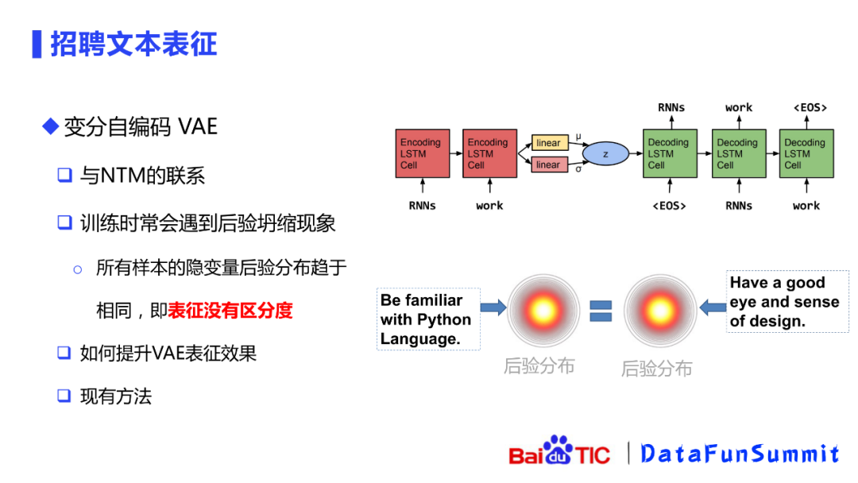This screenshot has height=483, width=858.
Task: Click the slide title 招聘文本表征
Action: pos(133,44)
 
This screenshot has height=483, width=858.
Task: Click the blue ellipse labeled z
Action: pos(605,154)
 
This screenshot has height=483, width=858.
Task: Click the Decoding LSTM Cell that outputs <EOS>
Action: pos(806,153)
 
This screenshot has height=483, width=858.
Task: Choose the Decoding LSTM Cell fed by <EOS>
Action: pos(671,153)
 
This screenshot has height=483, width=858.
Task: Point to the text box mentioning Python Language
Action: pos(427,319)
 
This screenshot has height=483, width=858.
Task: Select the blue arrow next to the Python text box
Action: pos(493,307)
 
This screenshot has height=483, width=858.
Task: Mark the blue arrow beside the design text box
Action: pos(711,307)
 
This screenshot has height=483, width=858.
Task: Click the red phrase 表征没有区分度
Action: pos(230,311)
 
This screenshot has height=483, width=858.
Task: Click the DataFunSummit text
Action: pos(740,454)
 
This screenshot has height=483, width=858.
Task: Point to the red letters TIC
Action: pos(593,455)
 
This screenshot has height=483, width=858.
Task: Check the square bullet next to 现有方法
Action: pos(64,396)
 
